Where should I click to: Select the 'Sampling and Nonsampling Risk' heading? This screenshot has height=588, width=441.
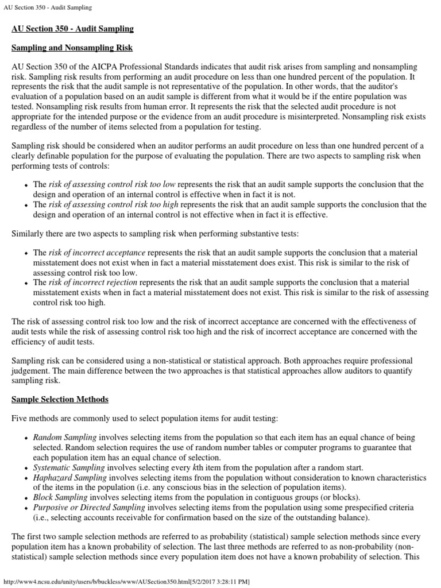[72, 48]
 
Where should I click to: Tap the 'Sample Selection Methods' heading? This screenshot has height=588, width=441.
[60, 399]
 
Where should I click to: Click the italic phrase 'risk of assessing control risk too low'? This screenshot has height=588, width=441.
[111, 184]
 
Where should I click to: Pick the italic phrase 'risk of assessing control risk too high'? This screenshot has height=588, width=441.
[113, 204]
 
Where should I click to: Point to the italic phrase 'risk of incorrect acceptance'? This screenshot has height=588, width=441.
[97, 253]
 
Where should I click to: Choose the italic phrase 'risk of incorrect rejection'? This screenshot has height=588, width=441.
[94, 283]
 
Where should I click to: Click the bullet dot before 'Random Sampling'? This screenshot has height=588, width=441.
[26, 438]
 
